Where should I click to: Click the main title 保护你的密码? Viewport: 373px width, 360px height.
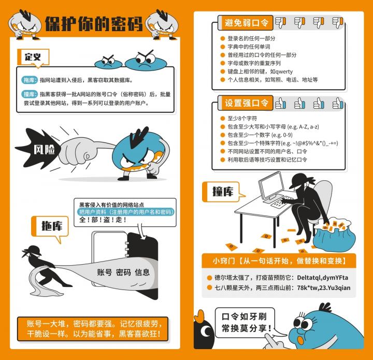tap(94, 24)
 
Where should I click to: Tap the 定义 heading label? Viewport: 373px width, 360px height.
tap(33, 57)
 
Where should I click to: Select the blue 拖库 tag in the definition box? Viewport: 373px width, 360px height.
tap(30, 80)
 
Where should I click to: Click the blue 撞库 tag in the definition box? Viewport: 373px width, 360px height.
tap(30, 94)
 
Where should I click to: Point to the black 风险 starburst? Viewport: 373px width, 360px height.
tap(39, 149)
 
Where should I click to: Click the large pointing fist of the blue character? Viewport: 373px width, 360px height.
tap(77, 151)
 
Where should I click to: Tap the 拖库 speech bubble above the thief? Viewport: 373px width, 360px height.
tap(50, 227)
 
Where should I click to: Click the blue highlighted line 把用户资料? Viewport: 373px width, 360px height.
tap(125, 212)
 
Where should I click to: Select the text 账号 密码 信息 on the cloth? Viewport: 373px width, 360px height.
tap(123, 272)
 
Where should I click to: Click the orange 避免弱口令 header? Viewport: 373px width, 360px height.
tap(246, 23)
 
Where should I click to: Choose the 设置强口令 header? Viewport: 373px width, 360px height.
tap(246, 103)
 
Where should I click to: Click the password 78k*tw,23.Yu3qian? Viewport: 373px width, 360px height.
tap(323, 287)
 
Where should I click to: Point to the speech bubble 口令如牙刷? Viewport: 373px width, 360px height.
tap(245, 322)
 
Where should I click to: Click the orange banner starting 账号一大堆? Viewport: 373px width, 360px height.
tap(93, 329)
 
